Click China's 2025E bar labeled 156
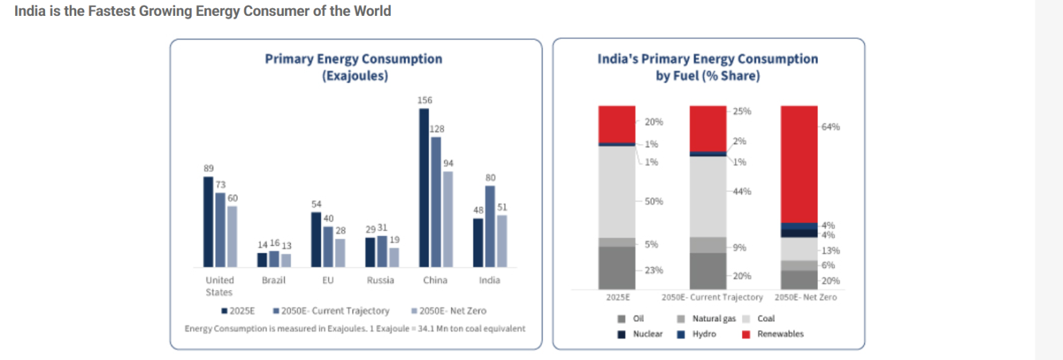coord(424,187)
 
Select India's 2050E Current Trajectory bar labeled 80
coord(490,226)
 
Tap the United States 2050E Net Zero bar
coord(232,236)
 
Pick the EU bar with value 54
coord(316,239)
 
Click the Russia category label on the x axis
coord(381,280)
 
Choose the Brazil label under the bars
coord(273,280)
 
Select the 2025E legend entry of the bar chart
coord(239,311)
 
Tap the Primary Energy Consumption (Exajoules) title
coord(354,67)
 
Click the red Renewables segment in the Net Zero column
coord(799,163)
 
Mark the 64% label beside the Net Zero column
coord(831,127)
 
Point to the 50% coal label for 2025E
coord(654,201)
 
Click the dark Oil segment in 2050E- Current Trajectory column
coord(708,271)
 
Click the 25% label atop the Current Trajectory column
coord(743,111)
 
